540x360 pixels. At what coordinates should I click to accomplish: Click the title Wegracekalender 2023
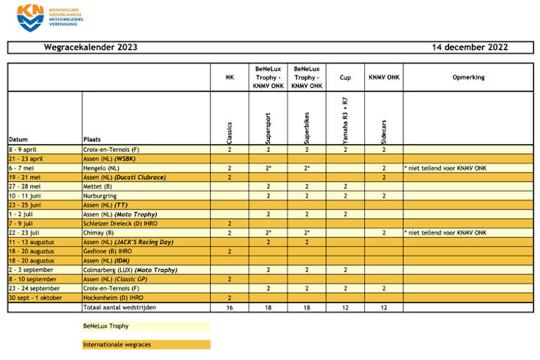91,48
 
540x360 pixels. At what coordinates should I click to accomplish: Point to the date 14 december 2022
470,48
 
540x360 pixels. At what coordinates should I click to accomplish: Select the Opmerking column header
468,77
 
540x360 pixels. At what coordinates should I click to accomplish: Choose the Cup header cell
345,77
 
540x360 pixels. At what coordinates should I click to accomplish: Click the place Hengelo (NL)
101,168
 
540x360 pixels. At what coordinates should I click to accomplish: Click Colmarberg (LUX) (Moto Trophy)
129,269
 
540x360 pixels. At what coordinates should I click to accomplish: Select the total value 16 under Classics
229,307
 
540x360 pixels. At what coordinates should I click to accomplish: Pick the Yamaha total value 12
345,307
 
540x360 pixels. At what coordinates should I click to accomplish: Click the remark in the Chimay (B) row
444,233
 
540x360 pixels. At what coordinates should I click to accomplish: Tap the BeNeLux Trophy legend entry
106,326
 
